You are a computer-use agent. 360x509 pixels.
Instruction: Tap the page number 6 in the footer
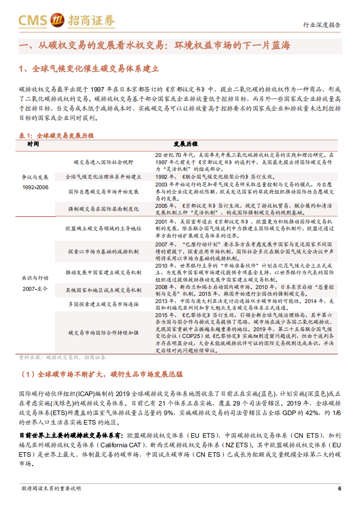(339, 489)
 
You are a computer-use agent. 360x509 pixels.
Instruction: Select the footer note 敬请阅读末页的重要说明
(51, 489)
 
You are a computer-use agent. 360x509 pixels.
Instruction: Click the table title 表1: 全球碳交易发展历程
(56, 136)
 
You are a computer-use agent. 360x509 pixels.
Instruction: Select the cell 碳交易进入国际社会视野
(103, 162)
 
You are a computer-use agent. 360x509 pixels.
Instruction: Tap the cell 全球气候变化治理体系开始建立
(103, 176)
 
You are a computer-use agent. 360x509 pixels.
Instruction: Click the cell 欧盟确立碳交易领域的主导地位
(103, 227)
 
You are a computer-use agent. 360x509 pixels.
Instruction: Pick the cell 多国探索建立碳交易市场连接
(103, 303)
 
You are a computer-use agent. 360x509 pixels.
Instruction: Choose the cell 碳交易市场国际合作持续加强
(103, 333)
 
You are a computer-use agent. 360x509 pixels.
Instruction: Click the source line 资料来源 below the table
(62, 357)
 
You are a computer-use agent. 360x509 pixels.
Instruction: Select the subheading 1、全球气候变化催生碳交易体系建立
(89, 69)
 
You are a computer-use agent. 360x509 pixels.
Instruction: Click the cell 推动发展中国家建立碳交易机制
(103, 273)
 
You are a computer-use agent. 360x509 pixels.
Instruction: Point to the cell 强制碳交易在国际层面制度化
(103, 207)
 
